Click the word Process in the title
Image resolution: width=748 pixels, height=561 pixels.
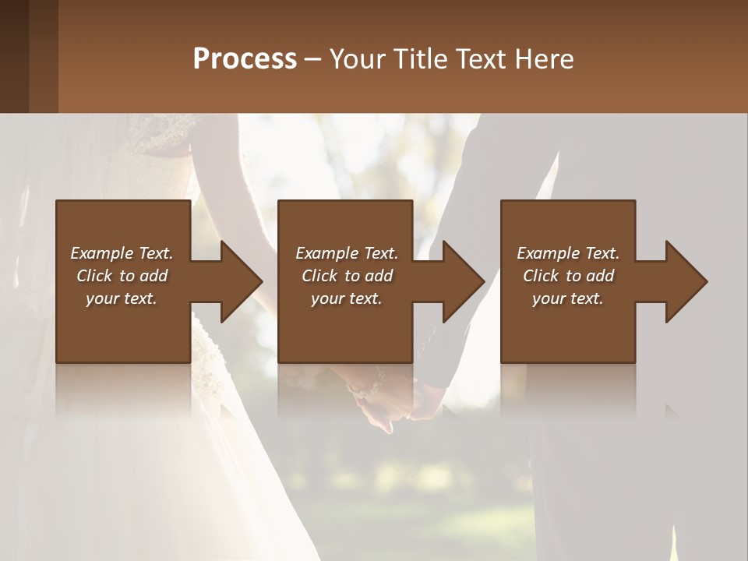point(245,59)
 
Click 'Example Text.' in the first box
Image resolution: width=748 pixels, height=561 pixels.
point(122,253)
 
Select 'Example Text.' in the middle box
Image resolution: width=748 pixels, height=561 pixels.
point(347,253)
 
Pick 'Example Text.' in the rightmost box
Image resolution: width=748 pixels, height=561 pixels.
point(568,253)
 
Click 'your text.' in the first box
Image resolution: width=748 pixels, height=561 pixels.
point(122,298)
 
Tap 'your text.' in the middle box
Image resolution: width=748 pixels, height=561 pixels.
point(347,298)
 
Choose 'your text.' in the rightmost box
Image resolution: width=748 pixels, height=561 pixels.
point(568,298)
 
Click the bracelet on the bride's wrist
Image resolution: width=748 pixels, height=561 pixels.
point(367,386)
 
